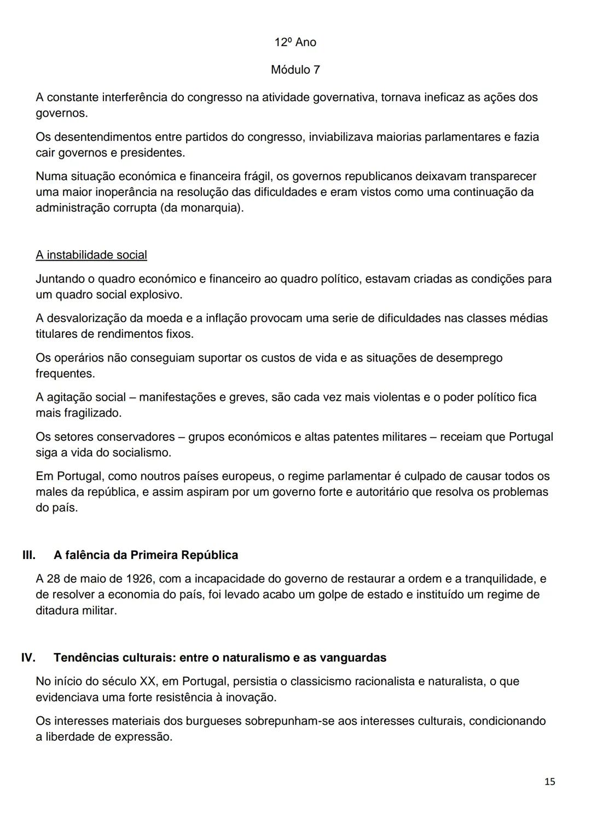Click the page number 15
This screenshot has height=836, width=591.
pos(550,781)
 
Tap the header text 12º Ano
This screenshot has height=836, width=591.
pos(296,42)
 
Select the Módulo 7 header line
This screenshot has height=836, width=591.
pos(296,70)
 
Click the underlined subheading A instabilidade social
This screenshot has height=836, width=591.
pos(91,255)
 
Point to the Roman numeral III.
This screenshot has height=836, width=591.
pos(28,555)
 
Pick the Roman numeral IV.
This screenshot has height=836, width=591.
pos(28,657)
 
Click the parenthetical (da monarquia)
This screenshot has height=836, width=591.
pos(202,208)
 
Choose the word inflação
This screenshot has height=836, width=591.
pos(223,318)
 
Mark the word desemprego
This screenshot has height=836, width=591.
pos(469,358)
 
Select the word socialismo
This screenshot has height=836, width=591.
pos(142,452)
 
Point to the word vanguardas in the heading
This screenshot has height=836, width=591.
pos(355,657)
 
